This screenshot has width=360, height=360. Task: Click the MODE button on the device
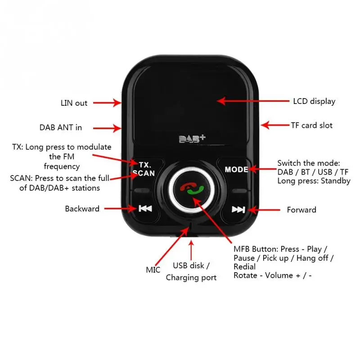[x=236, y=170]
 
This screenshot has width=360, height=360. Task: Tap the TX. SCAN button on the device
[x=144, y=169]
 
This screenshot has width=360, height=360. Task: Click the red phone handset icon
[x=185, y=186]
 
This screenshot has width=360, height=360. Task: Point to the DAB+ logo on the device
[x=189, y=139]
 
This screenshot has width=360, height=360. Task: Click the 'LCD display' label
[x=314, y=101]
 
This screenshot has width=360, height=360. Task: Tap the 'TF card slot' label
[x=311, y=125]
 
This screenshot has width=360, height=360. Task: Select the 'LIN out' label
[x=74, y=103]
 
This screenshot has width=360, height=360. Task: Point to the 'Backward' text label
[x=82, y=209]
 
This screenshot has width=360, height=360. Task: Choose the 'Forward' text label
[x=301, y=210]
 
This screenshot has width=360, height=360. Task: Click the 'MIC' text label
[x=153, y=270]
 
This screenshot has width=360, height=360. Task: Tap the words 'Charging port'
[x=191, y=278]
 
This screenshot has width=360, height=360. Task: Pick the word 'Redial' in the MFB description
[x=244, y=267]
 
